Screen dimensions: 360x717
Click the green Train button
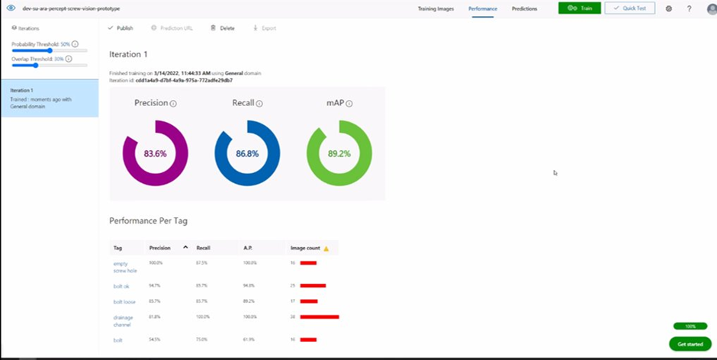(579, 8)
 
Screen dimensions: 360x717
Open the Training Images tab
(436, 8)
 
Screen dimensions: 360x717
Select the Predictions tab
(524, 8)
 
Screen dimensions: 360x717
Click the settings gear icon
(669, 8)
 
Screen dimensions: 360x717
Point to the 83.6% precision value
(155, 153)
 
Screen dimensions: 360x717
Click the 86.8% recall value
(247, 153)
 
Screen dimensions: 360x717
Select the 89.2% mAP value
(339, 153)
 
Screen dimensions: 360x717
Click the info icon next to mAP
(358, 104)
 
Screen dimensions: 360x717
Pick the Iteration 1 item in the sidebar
(49, 98)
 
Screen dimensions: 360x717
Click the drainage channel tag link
(123, 320)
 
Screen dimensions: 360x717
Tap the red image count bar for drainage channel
(320, 317)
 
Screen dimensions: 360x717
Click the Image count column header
(306, 248)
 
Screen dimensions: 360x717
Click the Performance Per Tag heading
(149, 221)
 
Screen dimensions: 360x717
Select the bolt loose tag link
(124, 301)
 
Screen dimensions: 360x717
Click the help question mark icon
(689, 8)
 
